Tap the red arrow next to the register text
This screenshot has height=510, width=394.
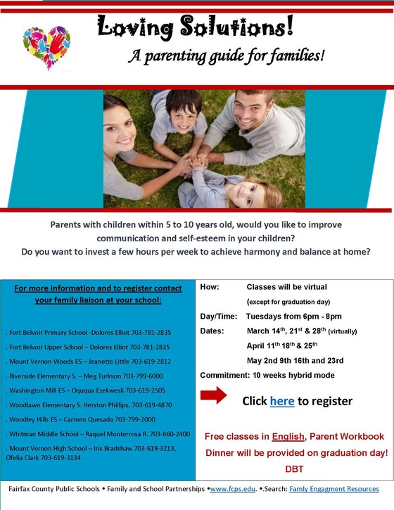coord(214,395)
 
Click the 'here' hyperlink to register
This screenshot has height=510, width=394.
coord(281,401)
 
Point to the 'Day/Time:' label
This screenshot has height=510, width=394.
coord(217,317)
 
